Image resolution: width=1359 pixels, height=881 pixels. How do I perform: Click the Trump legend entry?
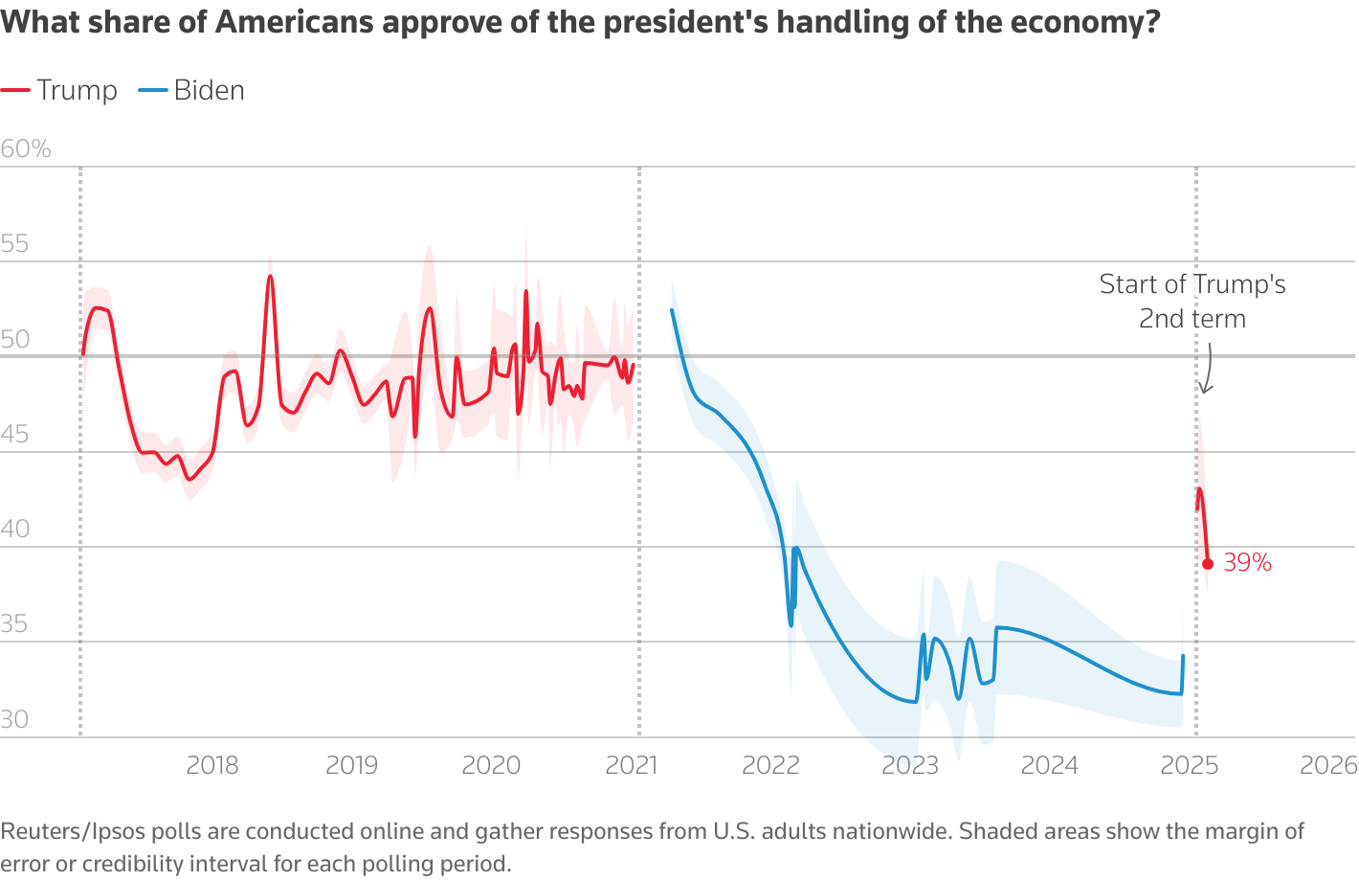point(59,90)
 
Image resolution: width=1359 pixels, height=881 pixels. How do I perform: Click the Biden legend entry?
point(192,90)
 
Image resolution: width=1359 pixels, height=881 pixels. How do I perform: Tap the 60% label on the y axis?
point(26,148)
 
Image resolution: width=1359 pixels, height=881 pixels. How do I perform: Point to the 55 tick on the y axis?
point(15,243)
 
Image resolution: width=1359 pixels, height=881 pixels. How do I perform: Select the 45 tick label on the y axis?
point(15,434)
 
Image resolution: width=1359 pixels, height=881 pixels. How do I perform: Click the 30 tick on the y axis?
point(15,719)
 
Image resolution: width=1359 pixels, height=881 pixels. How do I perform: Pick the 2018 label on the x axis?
point(212,765)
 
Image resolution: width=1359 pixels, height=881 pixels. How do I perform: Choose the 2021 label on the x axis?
point(632,765)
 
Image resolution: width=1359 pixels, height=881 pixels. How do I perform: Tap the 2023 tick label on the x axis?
point(910,765)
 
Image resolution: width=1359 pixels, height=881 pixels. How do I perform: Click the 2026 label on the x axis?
point(1328,765)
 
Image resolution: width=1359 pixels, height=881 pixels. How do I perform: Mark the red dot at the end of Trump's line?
point(1208,564)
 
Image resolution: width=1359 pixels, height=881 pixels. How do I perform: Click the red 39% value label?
point(1248,563)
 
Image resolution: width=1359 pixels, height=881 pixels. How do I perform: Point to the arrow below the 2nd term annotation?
point(1207,373)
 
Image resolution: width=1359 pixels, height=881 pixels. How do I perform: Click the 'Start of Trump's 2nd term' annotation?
point(1192,301)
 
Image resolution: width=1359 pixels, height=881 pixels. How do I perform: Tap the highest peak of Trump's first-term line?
point(270,277)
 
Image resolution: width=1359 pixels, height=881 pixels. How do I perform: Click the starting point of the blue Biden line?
point(672,309)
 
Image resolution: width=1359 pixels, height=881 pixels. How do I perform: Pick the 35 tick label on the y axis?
point(15,624)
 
